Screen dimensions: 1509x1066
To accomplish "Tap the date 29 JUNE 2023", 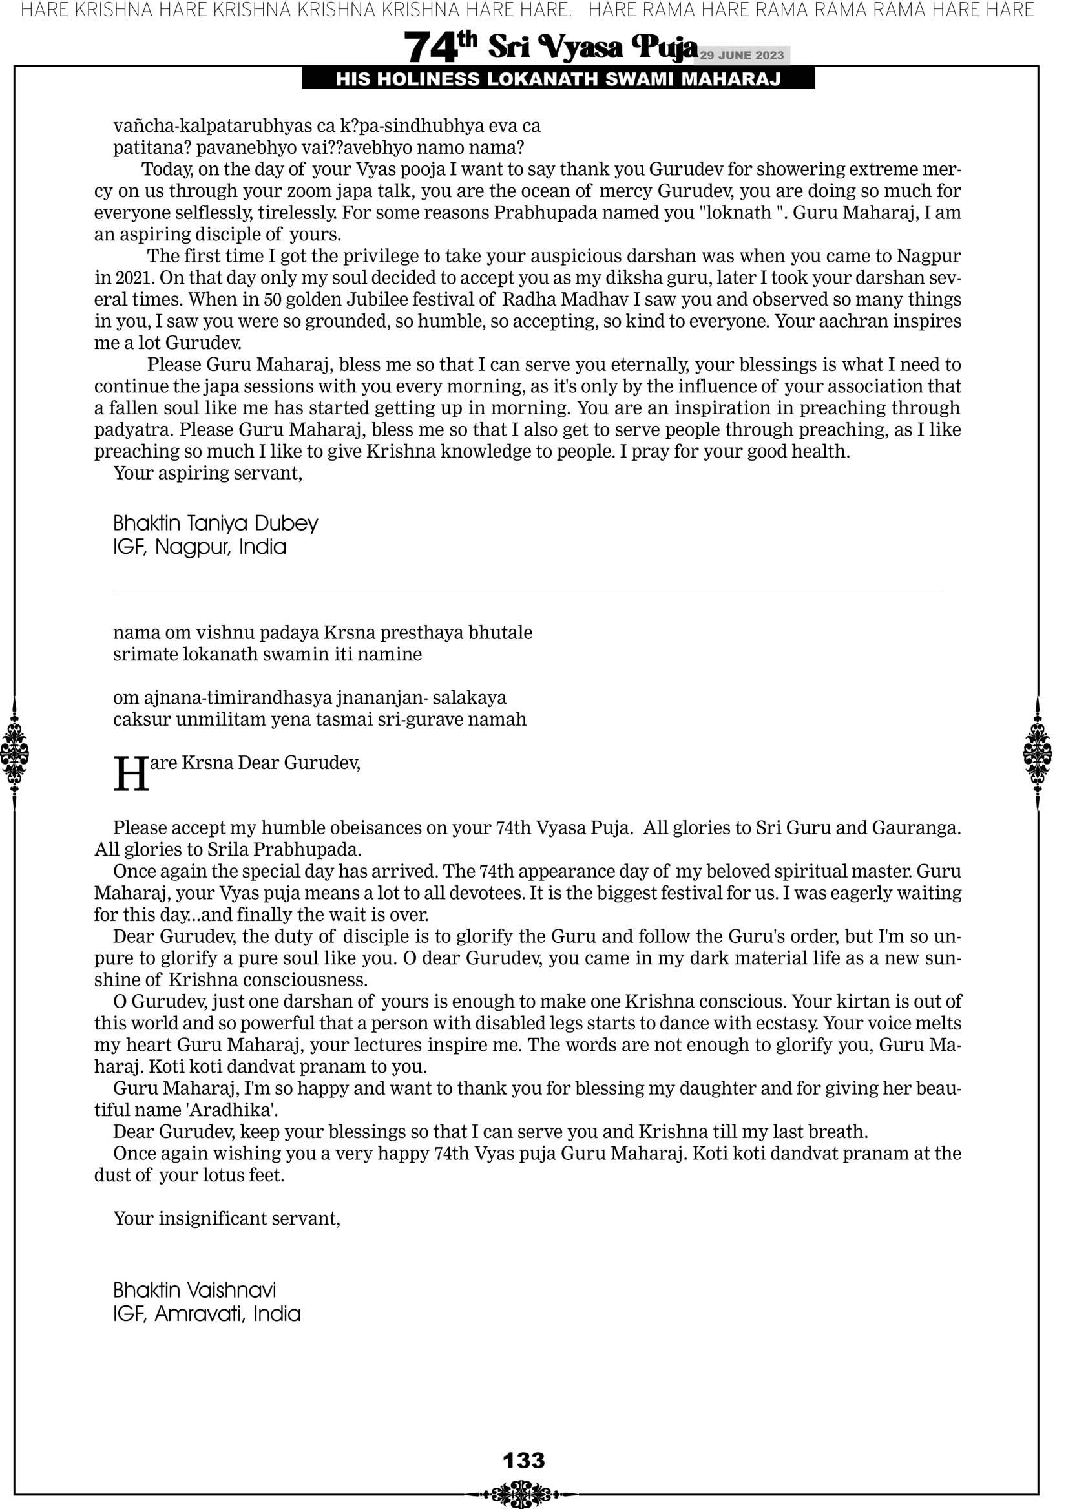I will click(741, 56).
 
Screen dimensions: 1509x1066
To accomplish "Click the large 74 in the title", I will click(430, 47).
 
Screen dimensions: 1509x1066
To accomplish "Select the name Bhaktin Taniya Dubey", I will click(216, 523).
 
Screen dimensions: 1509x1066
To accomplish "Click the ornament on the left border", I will click(14, 753).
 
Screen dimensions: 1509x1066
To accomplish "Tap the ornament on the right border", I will click(1038, 753).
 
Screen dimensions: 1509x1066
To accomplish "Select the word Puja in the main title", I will click(662, 47).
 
